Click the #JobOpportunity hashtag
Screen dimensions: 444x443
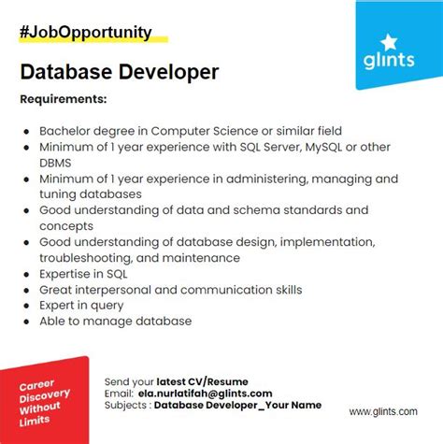[84, 33]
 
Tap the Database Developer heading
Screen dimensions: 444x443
[119, 71]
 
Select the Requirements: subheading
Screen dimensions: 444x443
[63, 98]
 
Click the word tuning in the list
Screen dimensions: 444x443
[59, 193]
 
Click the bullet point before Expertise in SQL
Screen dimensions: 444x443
[28, 274]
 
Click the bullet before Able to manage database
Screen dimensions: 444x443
[28, 322]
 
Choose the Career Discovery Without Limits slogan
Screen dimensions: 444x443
[42, 390]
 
